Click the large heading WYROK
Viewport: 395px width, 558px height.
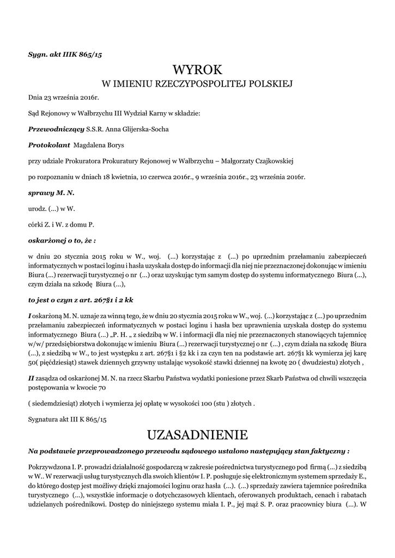pyautogui.click(x=197, y=70)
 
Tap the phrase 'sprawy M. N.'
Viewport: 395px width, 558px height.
pyautogui.click(x=51, y=193)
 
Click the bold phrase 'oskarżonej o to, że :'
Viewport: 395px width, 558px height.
pyautogui.click(x=62, y=239)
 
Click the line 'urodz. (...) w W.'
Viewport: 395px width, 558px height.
pyautogui.click(x=51, y=208)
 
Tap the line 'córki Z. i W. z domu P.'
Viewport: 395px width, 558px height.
pyautogui.click(x=61, y=224)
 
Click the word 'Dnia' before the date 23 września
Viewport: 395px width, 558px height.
pyautogui.click(x=35, y=98)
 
